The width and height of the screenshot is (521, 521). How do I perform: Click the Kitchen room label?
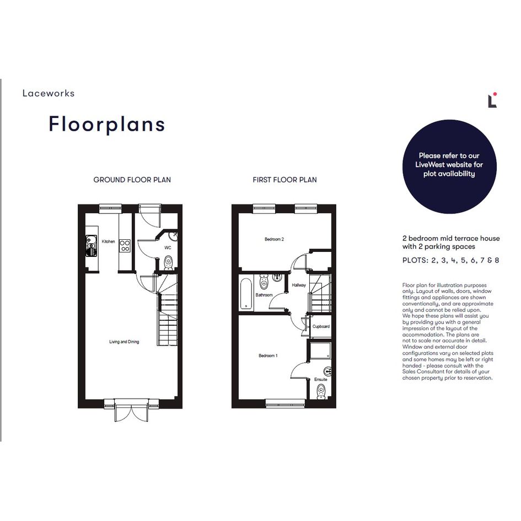point(108,241)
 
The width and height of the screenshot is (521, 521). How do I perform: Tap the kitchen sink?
point(91,245)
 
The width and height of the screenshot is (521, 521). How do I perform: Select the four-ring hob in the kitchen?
point(125,246)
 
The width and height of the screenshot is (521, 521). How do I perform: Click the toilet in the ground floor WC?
point(169,263)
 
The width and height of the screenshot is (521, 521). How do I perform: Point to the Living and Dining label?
point(124,342)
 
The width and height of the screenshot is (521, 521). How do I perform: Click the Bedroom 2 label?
point(274,239)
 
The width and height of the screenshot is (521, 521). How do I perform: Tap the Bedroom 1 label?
point(268,356)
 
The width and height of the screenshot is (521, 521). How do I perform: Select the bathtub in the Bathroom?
point(246,294)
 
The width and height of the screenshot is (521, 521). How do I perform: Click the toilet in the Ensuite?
point(321,391)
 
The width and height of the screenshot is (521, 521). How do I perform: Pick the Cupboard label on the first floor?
point(321,326)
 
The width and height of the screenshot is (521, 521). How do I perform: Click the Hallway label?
point(299,285)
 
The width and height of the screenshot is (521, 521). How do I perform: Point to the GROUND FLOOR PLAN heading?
point(132,180)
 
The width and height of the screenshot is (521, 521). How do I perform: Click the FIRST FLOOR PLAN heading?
point(284,180)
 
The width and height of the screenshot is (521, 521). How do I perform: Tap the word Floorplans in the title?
point(106,125)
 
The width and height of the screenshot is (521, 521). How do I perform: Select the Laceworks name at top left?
point(49,93)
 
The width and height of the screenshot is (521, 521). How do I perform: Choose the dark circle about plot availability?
point(449,166)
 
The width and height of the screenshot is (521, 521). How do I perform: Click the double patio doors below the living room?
point(132,411)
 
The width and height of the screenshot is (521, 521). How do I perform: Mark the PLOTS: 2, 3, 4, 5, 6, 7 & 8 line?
point(450,260)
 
